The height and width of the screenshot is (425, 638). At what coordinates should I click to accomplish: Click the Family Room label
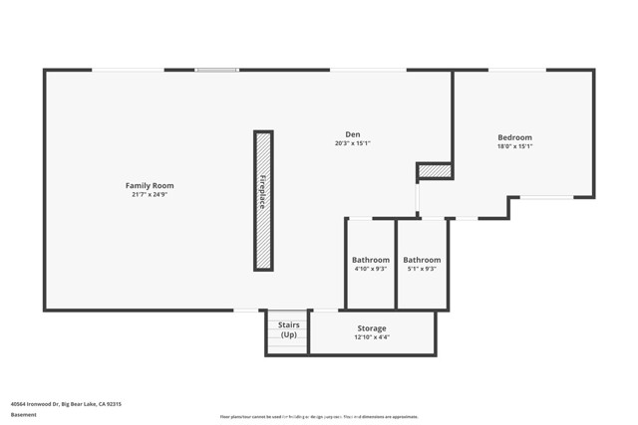point(150,185)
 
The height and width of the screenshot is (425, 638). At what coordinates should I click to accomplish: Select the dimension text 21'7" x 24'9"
point(150,195)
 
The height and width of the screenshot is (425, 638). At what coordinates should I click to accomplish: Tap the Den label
point(352,134)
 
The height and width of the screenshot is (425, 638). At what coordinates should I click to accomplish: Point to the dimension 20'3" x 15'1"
point(352,143)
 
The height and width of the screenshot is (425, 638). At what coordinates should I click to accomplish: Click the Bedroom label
point(514,137)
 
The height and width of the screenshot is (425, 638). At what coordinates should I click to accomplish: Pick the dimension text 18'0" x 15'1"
point(514,146)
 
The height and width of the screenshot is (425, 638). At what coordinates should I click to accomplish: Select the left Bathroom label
point(370,260)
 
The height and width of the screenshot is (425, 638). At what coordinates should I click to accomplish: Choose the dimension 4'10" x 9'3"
point(370,269)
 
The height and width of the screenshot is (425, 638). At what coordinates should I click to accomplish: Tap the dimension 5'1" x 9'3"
point(422,269)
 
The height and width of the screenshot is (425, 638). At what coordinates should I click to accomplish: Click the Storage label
point(372,328)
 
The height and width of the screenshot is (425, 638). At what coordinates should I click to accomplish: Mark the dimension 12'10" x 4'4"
point(372,337)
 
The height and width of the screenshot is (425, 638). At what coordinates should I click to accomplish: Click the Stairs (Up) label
point(288,329)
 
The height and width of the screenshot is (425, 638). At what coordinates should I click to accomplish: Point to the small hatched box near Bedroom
point(435,171)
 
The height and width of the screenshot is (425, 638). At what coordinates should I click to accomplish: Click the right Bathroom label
point(422,260)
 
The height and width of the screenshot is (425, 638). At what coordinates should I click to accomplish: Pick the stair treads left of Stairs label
point(270,334)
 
